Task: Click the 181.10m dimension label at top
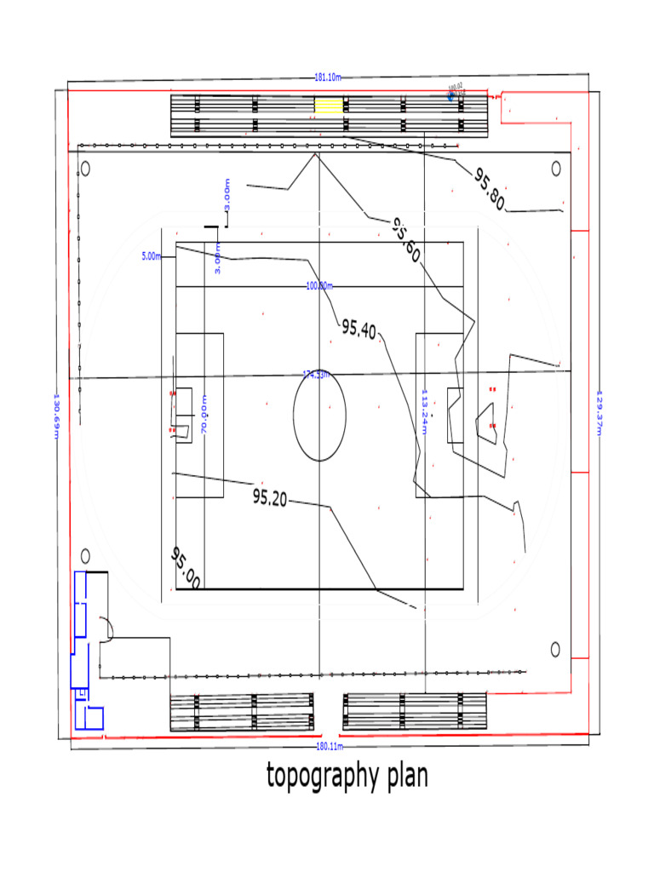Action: [x=328, y=77]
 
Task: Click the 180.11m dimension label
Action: [x=329, y=746]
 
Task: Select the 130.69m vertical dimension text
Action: [x=57, y=416]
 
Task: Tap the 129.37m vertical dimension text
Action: [x=599, y=413]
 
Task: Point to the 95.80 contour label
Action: [x=490, y=188]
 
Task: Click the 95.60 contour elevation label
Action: [x=406, y=239]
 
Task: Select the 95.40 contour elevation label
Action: [x=359, y=329]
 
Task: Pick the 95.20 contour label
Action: [x=270, y=499]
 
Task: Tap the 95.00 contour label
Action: [x=185, y=568]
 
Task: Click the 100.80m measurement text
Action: [x=319, y=286]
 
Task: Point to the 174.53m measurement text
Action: [x=316, y=375]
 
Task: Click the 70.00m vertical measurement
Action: [x=204, y=415]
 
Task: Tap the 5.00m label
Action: [x=151, y=255]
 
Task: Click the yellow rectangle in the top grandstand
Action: [x=329, y=105]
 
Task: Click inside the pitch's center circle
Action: [x=319, y=415]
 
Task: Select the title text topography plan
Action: [x=347, y=776]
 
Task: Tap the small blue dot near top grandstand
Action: [x=451, y=97]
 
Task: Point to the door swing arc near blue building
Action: [x=108, y=627]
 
